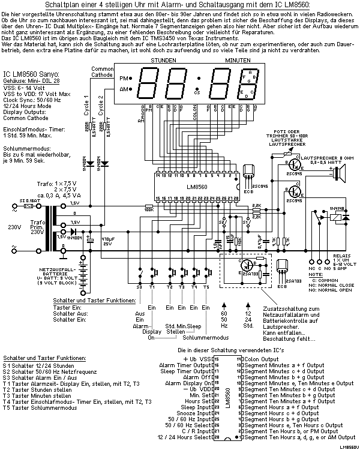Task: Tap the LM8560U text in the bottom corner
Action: (347, 447)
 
